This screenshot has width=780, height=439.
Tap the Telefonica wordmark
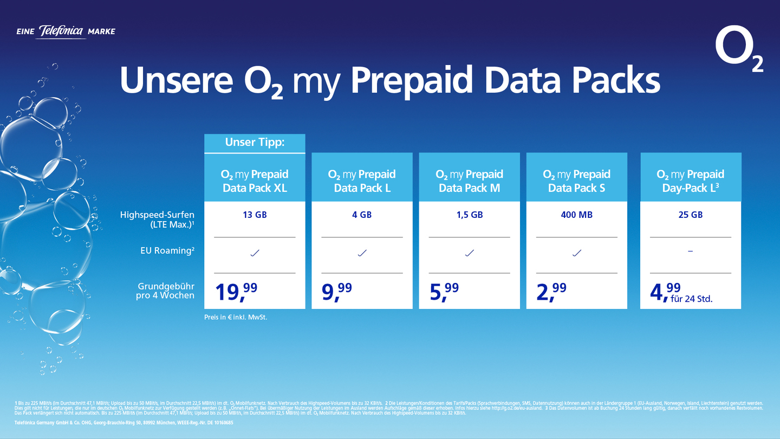pyautogui.click(x=62, y=32)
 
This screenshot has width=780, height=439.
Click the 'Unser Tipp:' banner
pyautogui.click(x=255, y=143)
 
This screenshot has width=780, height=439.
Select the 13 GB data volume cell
pyautogui.click(x=255, y=215)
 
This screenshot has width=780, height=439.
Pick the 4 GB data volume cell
pyautogui.click(x=362, y=215)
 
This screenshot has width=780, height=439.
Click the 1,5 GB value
pyautogui.click(x=469, y=215)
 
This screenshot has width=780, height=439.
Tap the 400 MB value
pyautogui.click(x=576, y=215)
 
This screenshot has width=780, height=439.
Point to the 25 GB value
pyautogui.click(x=690, y=215)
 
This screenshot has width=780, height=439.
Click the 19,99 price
pyautogui.click(x=236, y=292)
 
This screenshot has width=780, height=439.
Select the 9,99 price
pyautogui.click(x=337, y=292)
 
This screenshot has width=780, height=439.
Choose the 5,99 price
pyautogui.click(x=444, y=292)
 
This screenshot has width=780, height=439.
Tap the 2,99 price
pyautogui.click(x=551, y=292)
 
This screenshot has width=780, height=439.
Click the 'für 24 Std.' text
pyautogui.click(x=692, y=299)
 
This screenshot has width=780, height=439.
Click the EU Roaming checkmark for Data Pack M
pyautogui.click(x=469, y=253)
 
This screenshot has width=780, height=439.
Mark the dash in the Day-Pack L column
pyautogui.click(x=690, y=251)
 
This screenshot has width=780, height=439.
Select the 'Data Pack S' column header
pyautogui.click(x=576, y=181)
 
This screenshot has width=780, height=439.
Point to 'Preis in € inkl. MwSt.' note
pyautogui.click(x=236, y=317)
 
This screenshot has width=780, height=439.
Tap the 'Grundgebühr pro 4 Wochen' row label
pyautogui.click(x=165, y=290)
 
